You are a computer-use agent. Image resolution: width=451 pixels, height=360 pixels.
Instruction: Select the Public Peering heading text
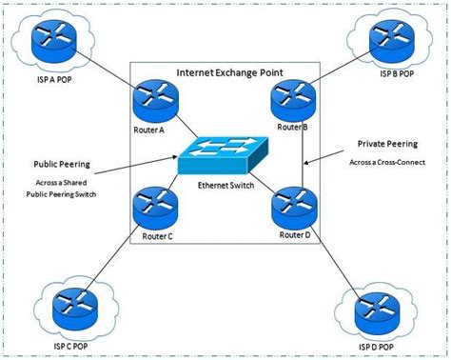pyautogui.click(x=62, y=163)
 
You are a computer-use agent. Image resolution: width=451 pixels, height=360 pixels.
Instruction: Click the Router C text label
pyautogui.click(x=155, y=235)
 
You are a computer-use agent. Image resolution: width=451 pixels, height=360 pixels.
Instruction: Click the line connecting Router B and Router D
pyautogui.click(x=302, y=152)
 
